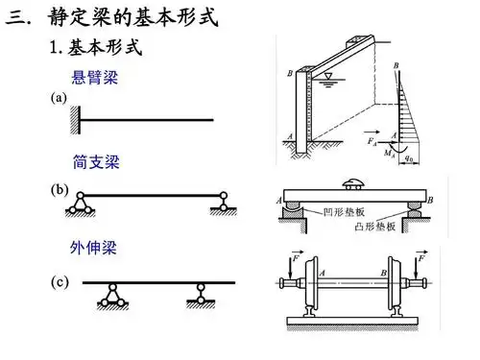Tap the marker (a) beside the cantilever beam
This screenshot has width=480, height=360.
(x=58, y=98)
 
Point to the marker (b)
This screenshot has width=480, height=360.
(x=58, y=189)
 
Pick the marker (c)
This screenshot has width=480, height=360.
(x=58, y=282)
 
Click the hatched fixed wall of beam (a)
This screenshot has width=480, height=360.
(x=74, y=120)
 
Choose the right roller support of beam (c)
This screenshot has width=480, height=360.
(x=203, y=296)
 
